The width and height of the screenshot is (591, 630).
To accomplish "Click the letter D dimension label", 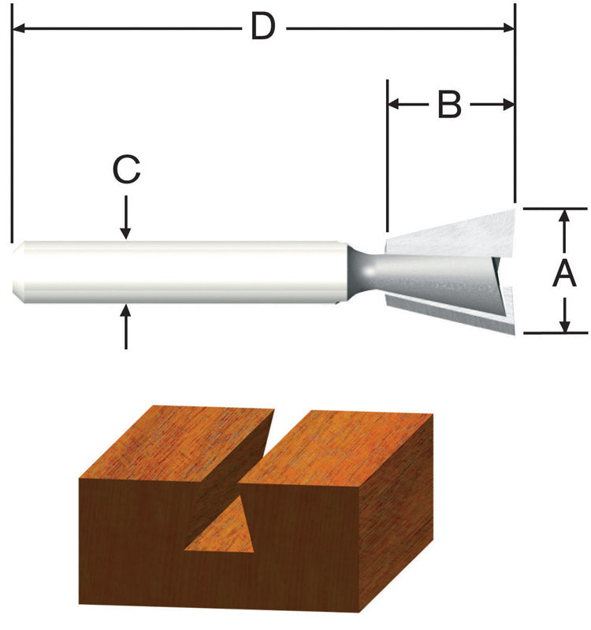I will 262,28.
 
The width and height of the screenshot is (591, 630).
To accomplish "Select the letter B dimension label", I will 448,104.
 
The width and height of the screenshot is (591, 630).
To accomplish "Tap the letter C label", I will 126,170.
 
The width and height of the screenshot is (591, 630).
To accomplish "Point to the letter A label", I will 564,274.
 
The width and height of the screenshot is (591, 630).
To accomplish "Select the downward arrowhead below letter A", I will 564,324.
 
